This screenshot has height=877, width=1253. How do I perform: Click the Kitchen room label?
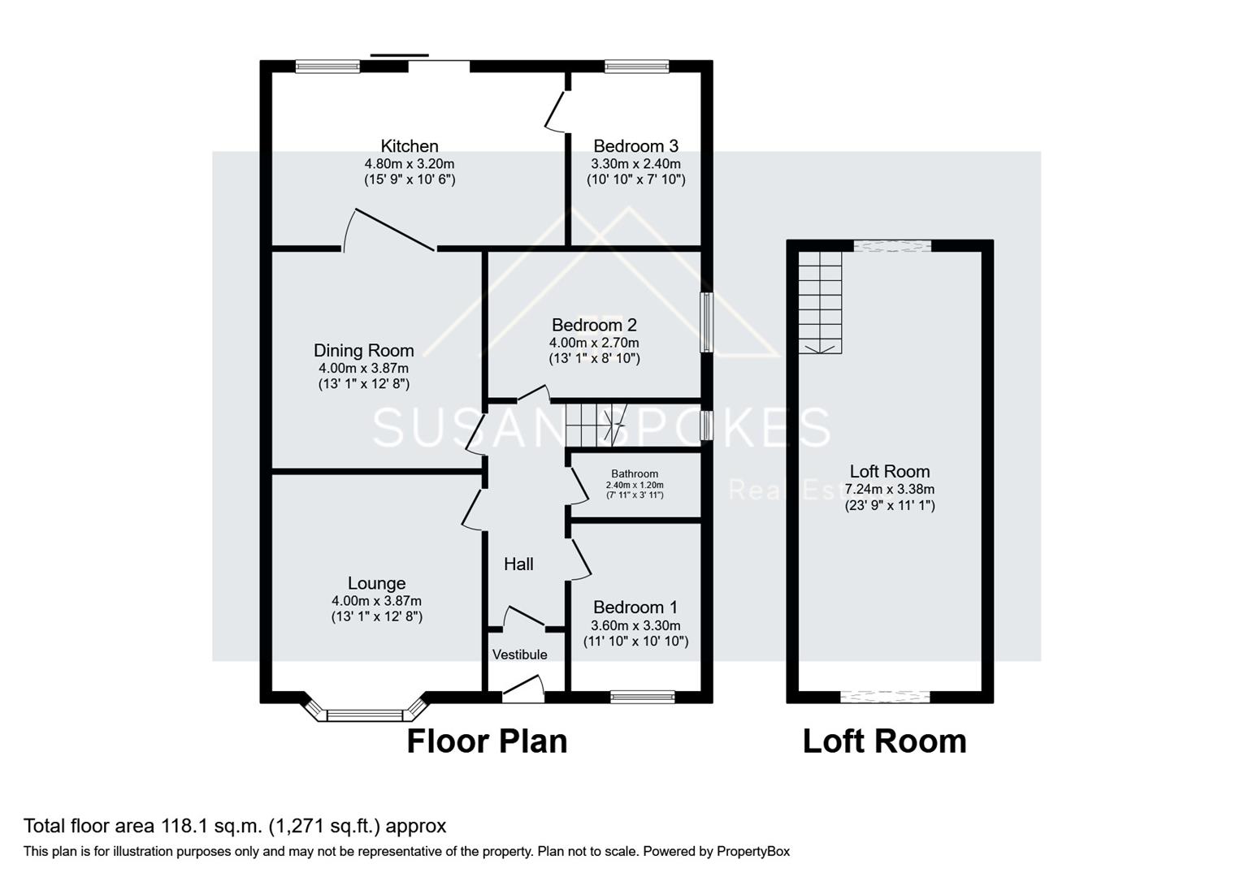[410, 146]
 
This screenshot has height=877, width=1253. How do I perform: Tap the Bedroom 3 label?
[635, 146]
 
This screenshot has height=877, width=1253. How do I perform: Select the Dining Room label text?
[363, 350]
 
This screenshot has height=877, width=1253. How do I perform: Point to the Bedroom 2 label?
[593, 325]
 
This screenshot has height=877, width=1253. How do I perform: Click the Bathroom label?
[635, 473]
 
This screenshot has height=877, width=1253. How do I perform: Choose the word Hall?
[518, 564]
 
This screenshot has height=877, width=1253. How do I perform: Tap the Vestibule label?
[519, 655]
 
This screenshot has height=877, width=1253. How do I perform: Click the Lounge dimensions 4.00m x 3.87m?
[376, 601]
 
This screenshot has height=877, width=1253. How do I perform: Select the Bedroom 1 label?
[635, 607]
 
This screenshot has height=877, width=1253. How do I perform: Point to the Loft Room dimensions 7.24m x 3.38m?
[889, 489]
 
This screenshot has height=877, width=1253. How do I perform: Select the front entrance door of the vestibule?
[522, 690]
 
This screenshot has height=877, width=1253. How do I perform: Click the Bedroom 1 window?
[642, 696]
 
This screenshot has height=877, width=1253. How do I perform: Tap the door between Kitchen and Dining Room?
[390, 231]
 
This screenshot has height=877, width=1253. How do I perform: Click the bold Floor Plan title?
[486, 741]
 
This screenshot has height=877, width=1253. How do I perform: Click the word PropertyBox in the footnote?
[752, 852]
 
